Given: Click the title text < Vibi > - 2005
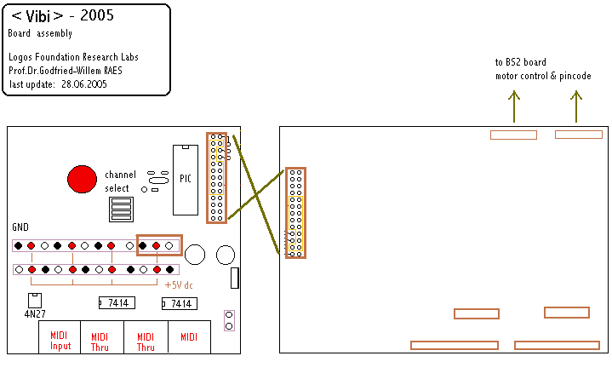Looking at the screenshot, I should pyautogui.click(x=62, y=15).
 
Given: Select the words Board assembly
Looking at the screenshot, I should pyautogui.click(x=40, y=34).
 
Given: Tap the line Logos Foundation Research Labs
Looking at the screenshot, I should pyautogui.click(x=73, y=57).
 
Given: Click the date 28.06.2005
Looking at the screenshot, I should pyautogui.click(x=82, y=84).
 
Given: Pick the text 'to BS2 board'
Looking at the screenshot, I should pyautogui.click(x=521, y=62).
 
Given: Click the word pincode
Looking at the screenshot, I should pyautogui.click(x=586, y=76).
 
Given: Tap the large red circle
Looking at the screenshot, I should pyautogui.click(x=82, y=179).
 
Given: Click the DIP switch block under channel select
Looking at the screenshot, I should pyautogui.click(x=121, y=209).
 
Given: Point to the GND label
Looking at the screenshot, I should pyautogui.click(x=20, y=228).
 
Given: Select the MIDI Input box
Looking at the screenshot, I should pyautogui.click(x=60, y=340).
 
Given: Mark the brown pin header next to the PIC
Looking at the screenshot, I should pyautogui.click(x=217, y=178).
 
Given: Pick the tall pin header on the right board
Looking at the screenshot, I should pyautogui.click(x=295, y=213).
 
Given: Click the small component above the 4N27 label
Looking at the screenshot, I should pyautogui.click(x=35, y=299).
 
